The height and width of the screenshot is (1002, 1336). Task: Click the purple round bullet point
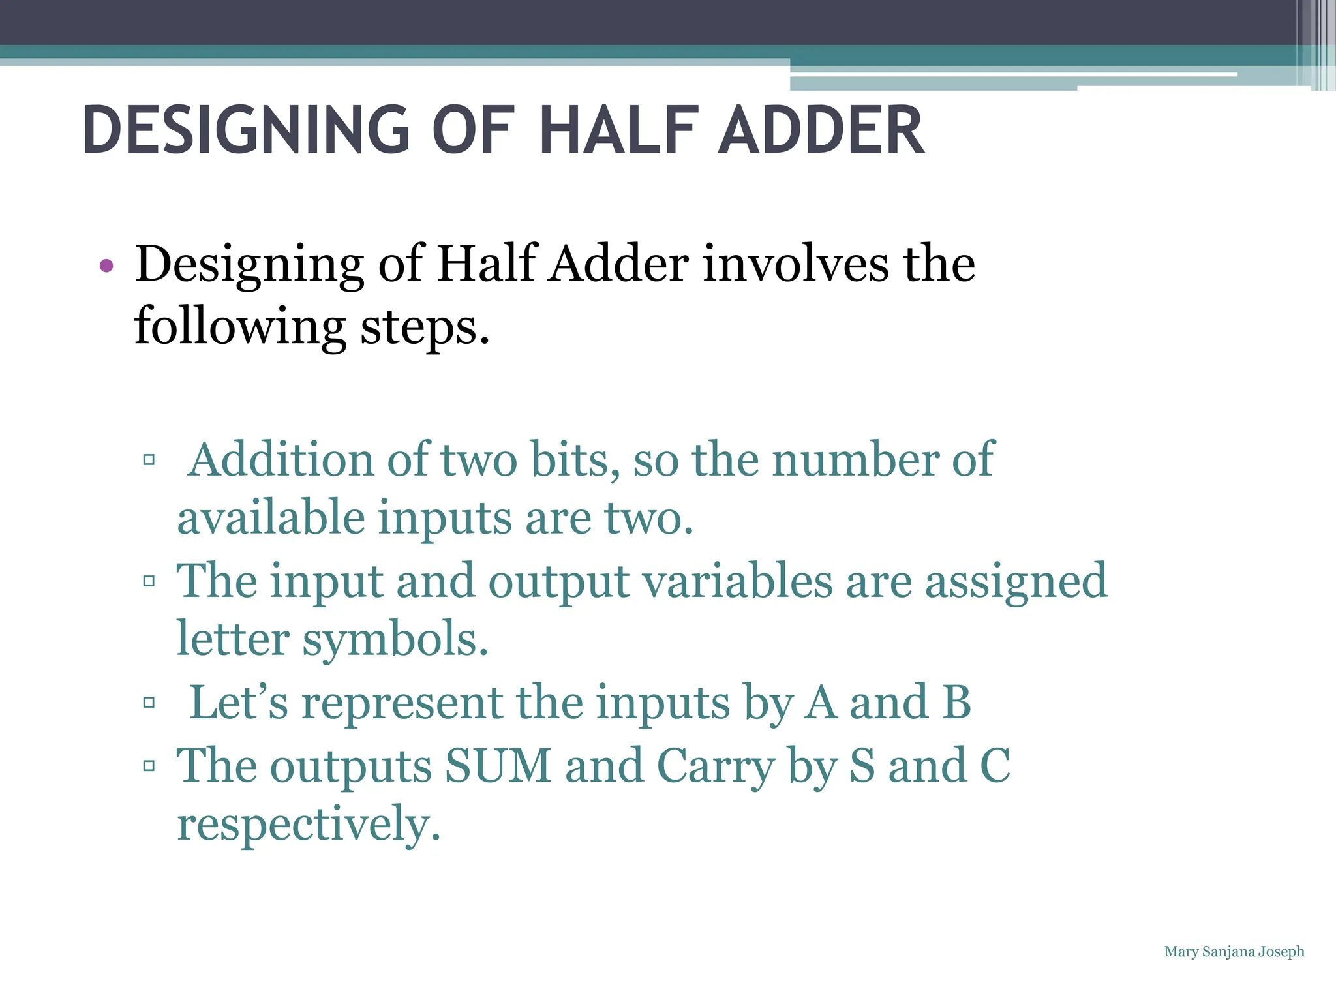point(106,266)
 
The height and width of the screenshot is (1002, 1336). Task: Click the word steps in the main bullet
point(424,326)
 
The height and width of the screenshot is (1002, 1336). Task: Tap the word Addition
point(281,460)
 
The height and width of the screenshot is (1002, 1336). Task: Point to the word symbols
point(395,639)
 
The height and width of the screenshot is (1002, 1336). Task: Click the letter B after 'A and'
point(956,703)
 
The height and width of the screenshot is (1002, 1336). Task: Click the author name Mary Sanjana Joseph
point(1234,952)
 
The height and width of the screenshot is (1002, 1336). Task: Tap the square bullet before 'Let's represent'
point(149,703)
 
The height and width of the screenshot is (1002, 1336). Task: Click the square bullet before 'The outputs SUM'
point(149,765)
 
